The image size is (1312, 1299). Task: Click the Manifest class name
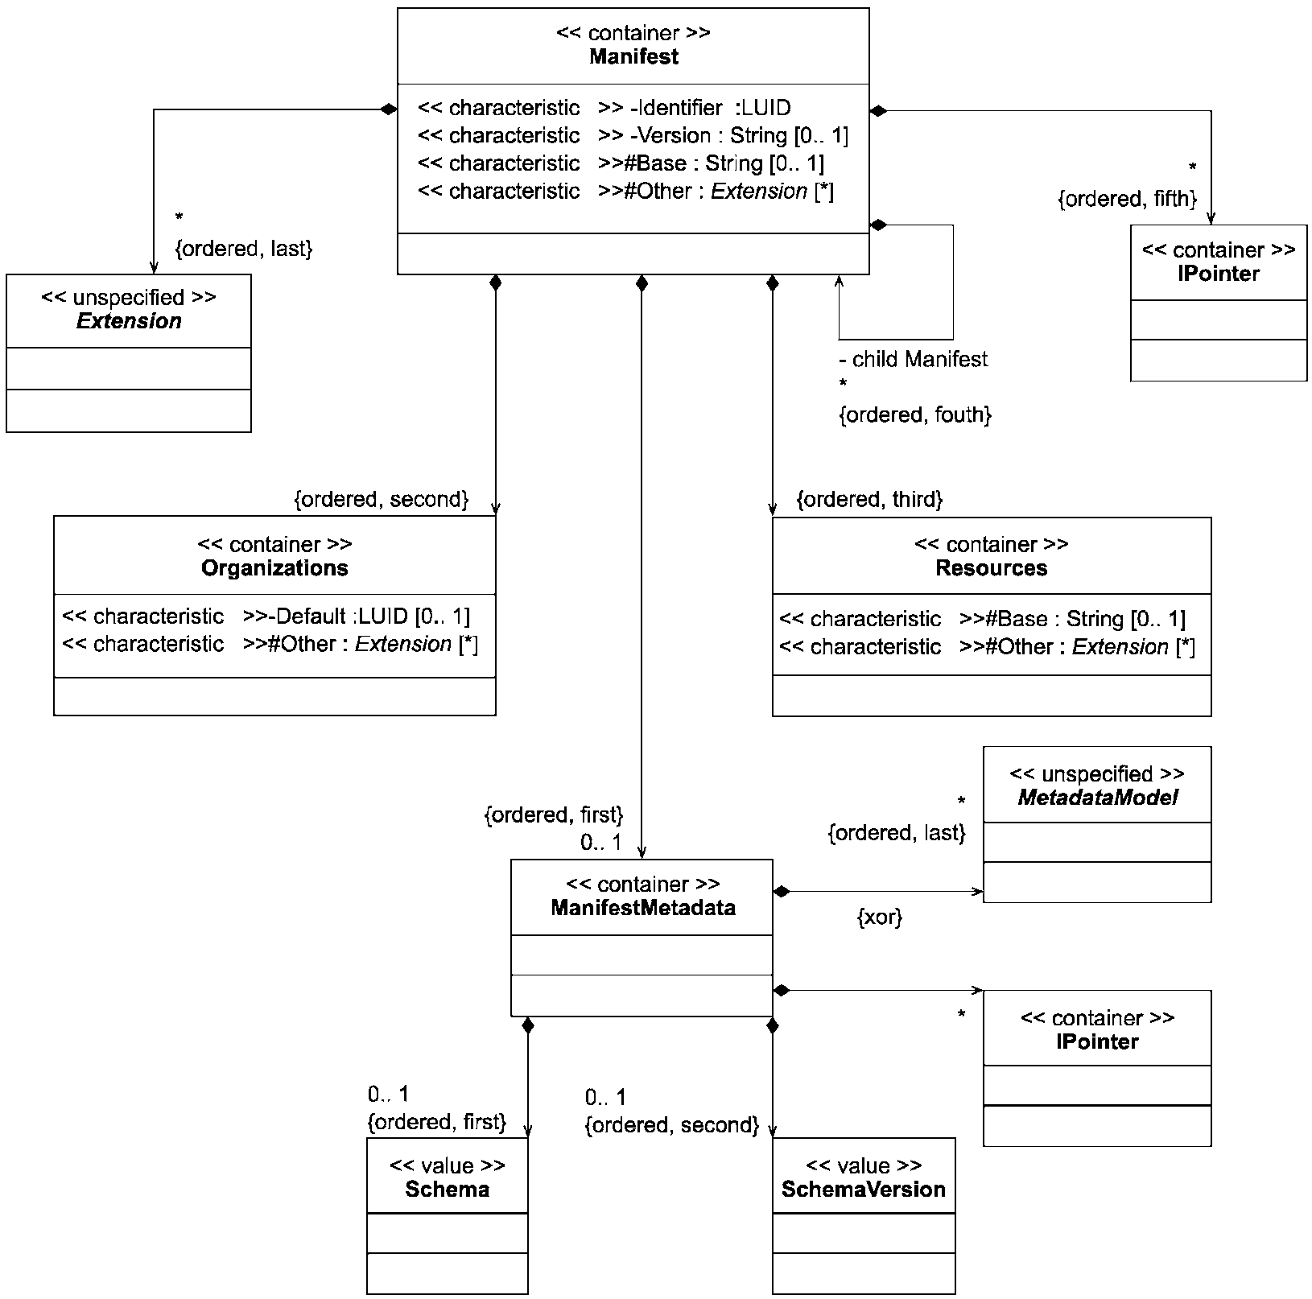pos(633,56)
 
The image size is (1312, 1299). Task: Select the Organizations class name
pos(274,568)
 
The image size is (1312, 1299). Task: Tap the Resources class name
pos(991,568)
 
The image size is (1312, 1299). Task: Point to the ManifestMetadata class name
pos(643,908)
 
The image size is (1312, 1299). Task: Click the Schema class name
pos(447,1190)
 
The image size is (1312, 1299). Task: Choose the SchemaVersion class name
pos(863,1190)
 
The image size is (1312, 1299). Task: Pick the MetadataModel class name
pos(1097,798)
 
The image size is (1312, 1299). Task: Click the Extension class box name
pos(129,321)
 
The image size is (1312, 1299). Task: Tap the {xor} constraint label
pos(880,917)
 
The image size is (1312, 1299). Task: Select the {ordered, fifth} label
pos(1128,199)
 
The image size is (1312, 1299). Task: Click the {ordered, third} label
pos(869,500)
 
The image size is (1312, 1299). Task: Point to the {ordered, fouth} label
pos(915,415)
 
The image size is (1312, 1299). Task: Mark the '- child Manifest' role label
pos(913,359)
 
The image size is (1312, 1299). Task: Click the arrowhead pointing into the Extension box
pos(154,268)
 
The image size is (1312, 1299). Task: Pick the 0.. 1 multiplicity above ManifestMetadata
pos(601,843)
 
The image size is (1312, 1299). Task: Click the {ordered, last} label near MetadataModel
pos(897,833)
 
